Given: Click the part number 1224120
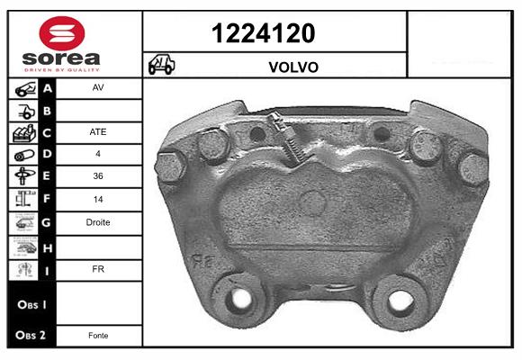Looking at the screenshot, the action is click(x=264, y=33).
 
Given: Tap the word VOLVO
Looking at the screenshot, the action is click(x=293, y=67).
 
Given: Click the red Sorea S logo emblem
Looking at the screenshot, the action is click(x=62, y=33).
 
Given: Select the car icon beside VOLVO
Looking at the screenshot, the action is click(x=161, y=64).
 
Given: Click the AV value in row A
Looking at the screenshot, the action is click(x=98, y=87).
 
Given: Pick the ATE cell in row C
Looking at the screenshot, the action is click(x=98, y=132).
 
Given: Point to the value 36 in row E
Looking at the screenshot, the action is click(x=98, y=175).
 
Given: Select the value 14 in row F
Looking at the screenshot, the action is click(x=98, y=199).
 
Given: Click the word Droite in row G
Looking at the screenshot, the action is click(x=98, y=222).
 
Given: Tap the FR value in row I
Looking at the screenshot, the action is click(x=98, y=269).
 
